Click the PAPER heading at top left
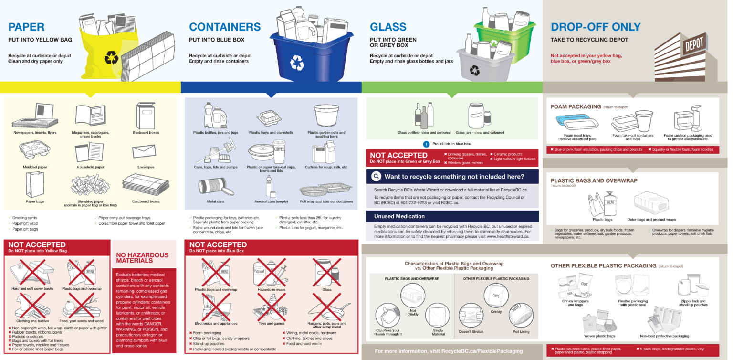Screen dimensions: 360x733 [26, 27]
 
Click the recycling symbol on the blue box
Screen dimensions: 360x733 [297, 62]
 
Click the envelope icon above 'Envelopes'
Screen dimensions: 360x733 [146, 152]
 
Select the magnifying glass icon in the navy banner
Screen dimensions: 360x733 [376, 177]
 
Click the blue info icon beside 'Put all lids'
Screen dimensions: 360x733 [426, 144]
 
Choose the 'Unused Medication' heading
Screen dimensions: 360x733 [399, 216]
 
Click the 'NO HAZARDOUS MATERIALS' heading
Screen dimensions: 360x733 [142, 258]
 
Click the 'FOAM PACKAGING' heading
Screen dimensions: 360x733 [576, 107]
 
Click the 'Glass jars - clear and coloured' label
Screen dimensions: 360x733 [480, 133]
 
